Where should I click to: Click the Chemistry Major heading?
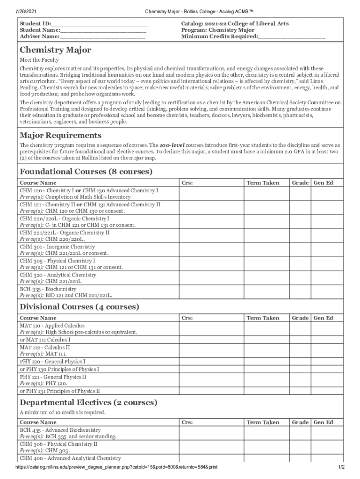55,50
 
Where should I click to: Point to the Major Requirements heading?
60,135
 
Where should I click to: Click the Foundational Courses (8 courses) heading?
86,172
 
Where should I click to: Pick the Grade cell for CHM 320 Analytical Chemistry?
300,278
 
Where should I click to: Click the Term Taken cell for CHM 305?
262,264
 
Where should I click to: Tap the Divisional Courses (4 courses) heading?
79,307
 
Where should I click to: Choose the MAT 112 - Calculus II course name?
45,348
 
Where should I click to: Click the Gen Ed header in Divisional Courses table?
323,318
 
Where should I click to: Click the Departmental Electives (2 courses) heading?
88,402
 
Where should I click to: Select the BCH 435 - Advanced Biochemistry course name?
60,430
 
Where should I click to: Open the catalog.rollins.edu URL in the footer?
116,467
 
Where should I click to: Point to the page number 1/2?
341,467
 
